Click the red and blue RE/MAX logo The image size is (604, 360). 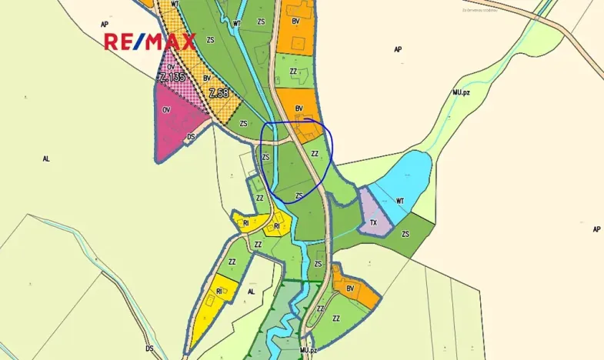coord(150,42)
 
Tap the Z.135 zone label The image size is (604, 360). coord(172,77)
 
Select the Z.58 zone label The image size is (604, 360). coord(219,94)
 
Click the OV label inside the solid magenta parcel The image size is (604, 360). coord(166,110)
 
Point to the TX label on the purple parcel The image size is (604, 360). coord(374,224)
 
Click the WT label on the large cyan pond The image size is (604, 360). coord(399,201)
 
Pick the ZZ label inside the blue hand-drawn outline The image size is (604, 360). coord(315,154)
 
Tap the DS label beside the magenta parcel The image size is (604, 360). coord(192,137)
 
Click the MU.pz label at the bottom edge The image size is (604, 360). coord(309,351)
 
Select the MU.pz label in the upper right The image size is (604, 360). coord(462,92)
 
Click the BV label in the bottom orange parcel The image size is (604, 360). coord(350,288)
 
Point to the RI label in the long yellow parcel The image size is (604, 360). coord(219,292)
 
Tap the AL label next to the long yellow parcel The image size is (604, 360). coord(251,292)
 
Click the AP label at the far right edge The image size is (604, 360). coord(596,229)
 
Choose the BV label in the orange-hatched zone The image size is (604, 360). coord(206,78)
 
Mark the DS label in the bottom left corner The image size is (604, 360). coord(150,348)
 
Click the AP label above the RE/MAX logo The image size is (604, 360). coord(105,25)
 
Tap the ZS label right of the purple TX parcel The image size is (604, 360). coord(405,234)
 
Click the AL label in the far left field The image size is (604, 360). coord(46,158)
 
